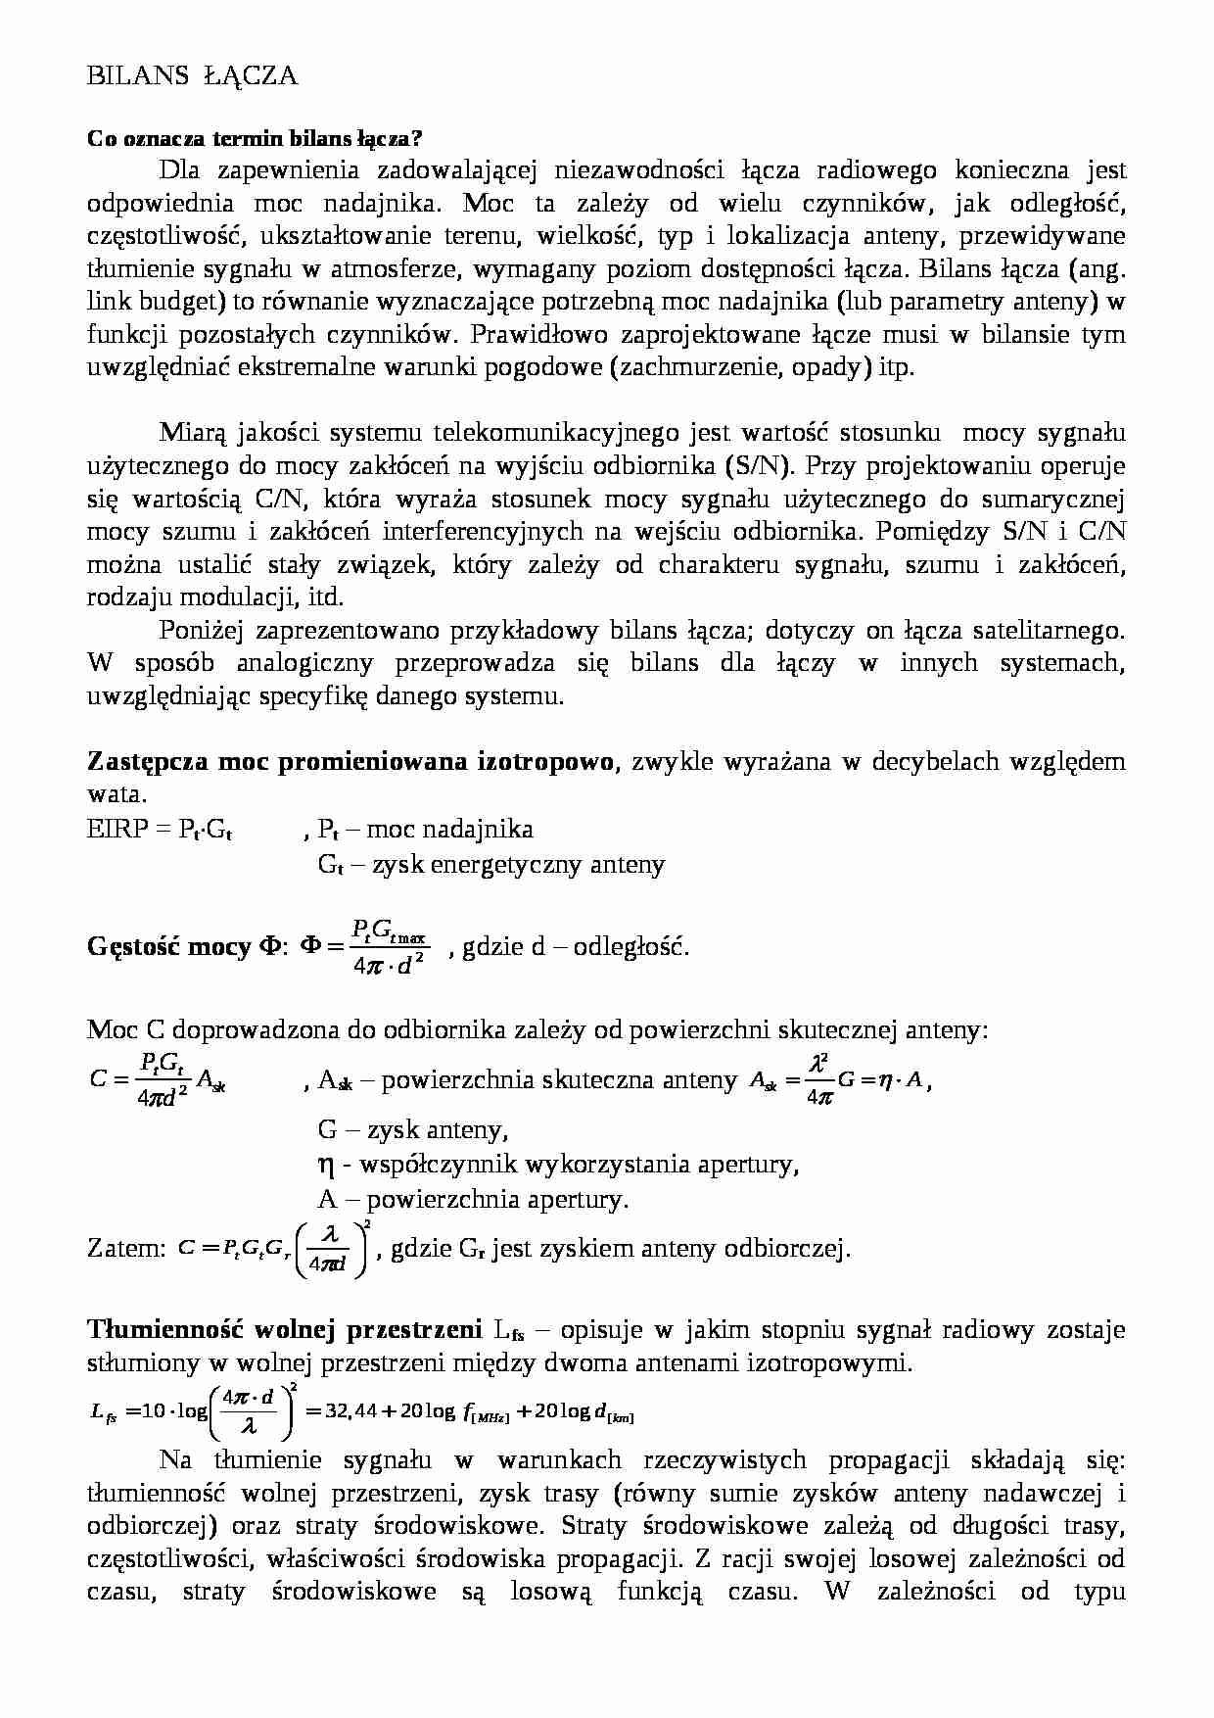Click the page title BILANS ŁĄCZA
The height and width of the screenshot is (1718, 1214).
[192, 76]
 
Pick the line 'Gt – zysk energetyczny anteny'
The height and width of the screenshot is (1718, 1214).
[491, 864]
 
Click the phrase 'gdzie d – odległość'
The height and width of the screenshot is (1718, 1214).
[575, 947]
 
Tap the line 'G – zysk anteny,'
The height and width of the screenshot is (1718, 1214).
[412, 1129]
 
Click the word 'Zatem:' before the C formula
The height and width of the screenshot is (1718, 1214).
[126, 1249]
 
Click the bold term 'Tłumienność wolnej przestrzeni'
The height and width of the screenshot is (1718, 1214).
[284, 1330]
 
